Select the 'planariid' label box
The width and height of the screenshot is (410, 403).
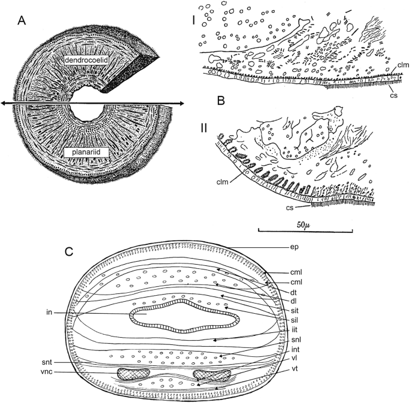pos(86,153)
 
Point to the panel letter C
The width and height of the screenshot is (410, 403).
pos(69,252)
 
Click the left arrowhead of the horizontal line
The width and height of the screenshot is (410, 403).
pos(3,104)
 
